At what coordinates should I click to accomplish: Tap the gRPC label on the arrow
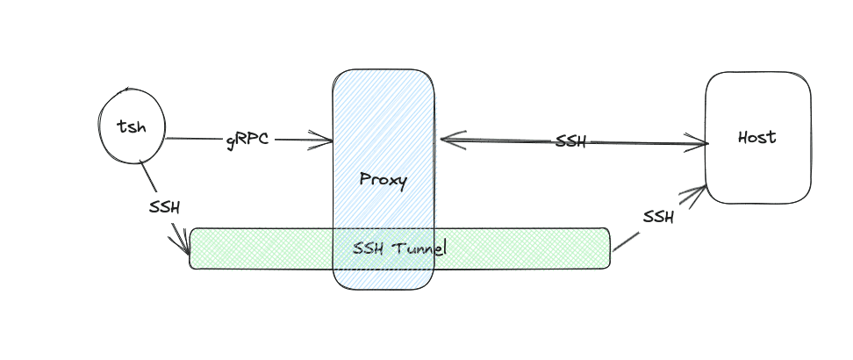[247, 140]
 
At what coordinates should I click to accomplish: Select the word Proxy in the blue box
[383, 180]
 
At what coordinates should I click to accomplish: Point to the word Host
[757, 138]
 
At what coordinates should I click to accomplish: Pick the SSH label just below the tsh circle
[164, 208]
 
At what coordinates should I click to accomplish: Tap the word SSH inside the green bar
[368, 248]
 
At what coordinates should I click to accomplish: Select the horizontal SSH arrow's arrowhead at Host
[702, 142]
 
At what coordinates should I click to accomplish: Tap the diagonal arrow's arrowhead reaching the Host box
[700, 191]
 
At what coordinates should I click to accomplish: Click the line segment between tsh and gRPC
[193, 139]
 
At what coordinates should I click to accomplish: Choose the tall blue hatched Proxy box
[383, 105]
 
